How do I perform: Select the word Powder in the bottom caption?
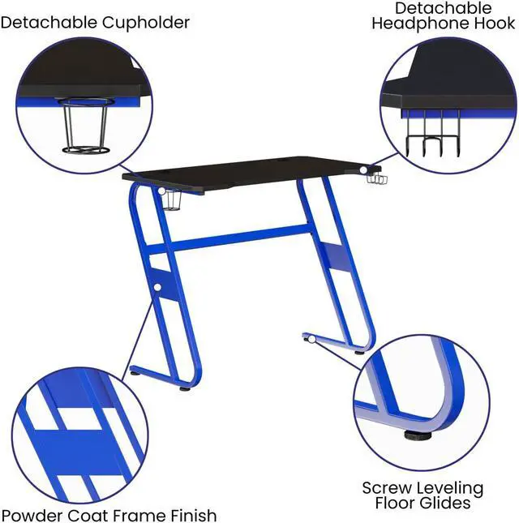(32, 514)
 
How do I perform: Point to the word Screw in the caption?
(388, 488)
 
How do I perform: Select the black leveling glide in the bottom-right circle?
(418, 435)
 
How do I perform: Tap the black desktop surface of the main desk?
(243, 170)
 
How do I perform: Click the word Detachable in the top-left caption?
(49, 22)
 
